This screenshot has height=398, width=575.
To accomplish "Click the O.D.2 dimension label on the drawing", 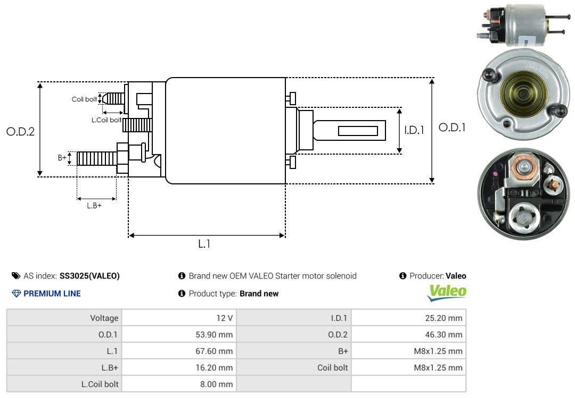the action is (21, 131).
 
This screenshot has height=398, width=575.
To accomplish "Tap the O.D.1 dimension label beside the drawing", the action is (452, 128).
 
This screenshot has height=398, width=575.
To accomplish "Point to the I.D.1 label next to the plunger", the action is (414, 130).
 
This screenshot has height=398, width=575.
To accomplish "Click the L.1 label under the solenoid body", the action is (204, 244).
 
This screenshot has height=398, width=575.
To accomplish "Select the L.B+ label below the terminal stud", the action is (94, 206).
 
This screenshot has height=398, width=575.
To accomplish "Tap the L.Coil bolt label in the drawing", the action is (106, 120).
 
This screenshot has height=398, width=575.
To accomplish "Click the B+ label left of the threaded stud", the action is (62, 158).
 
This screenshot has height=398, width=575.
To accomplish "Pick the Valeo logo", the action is (447, 293).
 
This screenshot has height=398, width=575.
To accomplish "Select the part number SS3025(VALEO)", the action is (89, 276).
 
